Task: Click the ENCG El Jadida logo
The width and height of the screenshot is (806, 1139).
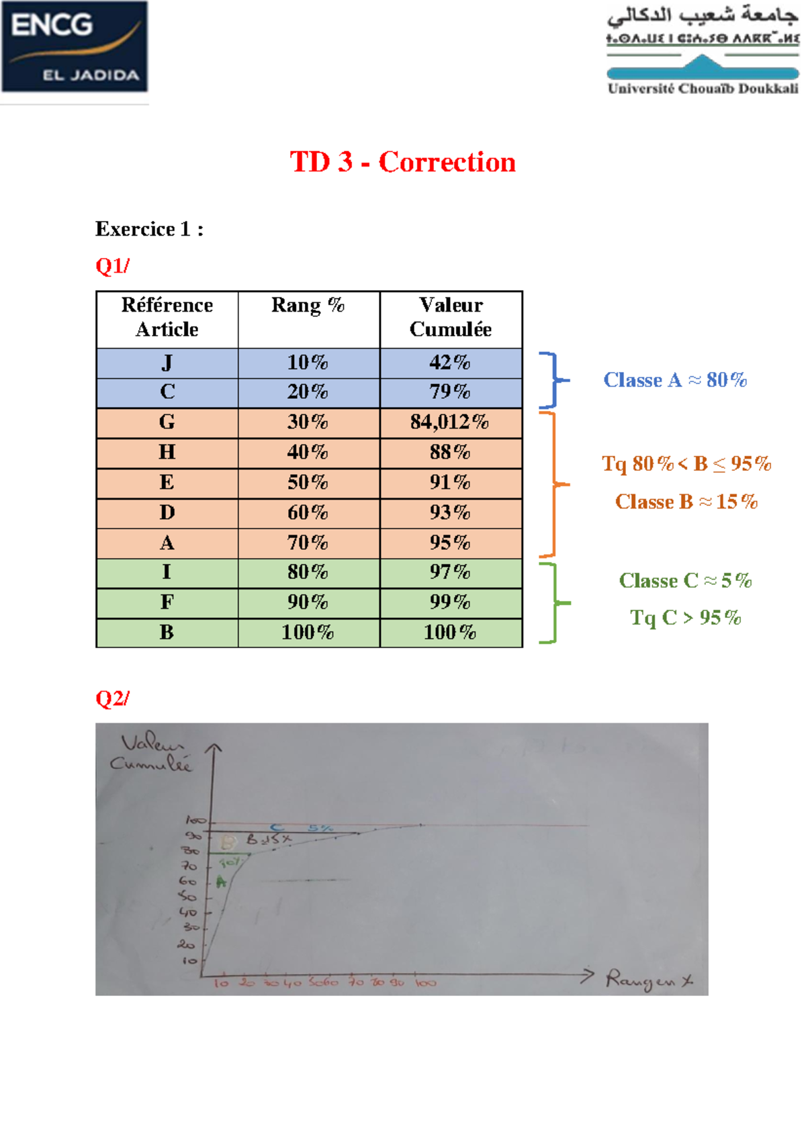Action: point(74,47)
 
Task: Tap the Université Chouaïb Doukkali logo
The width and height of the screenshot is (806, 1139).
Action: point(703,51)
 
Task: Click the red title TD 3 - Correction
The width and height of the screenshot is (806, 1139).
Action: point(402,163)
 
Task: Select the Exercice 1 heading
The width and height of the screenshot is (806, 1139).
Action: point(149,230)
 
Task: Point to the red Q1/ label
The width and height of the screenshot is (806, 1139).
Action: point(112,266)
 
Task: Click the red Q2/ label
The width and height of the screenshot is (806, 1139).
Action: point(112,698)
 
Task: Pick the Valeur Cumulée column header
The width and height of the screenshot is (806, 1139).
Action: point(451,317)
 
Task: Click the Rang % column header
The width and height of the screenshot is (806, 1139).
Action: point(308,306)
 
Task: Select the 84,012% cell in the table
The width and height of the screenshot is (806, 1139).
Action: point(450,422)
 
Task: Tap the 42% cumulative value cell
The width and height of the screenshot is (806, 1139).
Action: point(450,363)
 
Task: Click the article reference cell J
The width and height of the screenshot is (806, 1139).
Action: point(167,363)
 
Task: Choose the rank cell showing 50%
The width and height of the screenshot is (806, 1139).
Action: point(308,482)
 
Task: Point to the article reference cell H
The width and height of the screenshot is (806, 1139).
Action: point(167,452)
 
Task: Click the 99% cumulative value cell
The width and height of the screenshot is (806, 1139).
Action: point(450,602)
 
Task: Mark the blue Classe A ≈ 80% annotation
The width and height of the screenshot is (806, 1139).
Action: point(675,380)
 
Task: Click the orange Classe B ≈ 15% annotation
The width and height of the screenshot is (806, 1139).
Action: point(686,502)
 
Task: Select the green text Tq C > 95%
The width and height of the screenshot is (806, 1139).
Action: point(685,618)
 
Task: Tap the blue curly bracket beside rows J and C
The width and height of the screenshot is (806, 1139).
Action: point(553,380)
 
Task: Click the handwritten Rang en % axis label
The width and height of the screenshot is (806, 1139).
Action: point(649,981)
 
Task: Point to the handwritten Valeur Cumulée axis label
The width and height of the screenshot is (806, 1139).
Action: point(152,753)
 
